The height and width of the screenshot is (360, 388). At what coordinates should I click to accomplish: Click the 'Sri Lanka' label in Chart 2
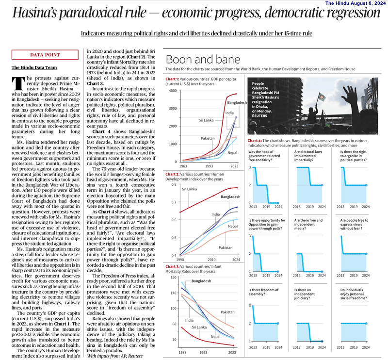tap(190, 189)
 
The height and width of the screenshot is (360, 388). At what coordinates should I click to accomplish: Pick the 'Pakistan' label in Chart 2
tap(226, 247)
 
